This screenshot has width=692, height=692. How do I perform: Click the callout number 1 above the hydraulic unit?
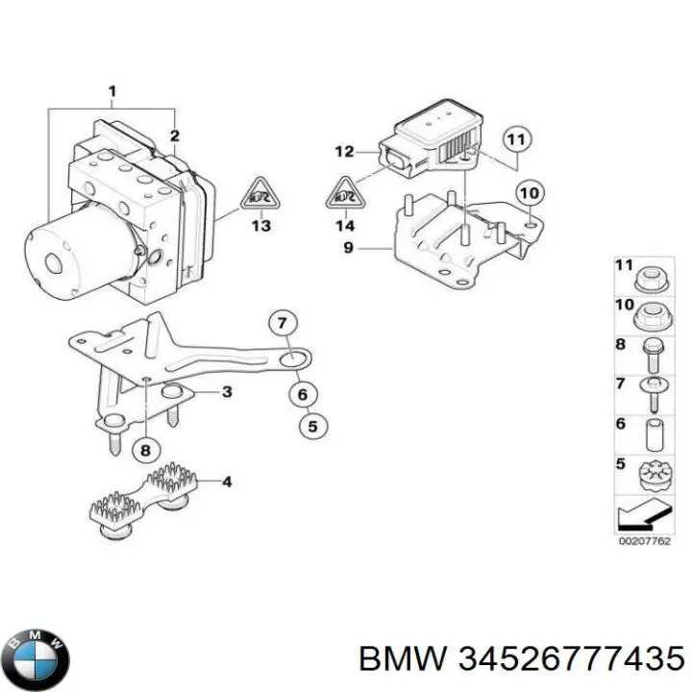111,93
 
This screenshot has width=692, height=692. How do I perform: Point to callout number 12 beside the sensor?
344,151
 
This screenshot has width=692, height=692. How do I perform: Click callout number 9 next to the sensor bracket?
349,248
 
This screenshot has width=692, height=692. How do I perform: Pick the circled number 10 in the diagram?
526,194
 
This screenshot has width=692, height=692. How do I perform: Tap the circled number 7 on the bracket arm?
282,323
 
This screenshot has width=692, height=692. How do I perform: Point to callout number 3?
227,391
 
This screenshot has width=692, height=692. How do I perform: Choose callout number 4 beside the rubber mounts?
227,482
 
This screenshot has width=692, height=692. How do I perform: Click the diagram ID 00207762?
641,542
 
